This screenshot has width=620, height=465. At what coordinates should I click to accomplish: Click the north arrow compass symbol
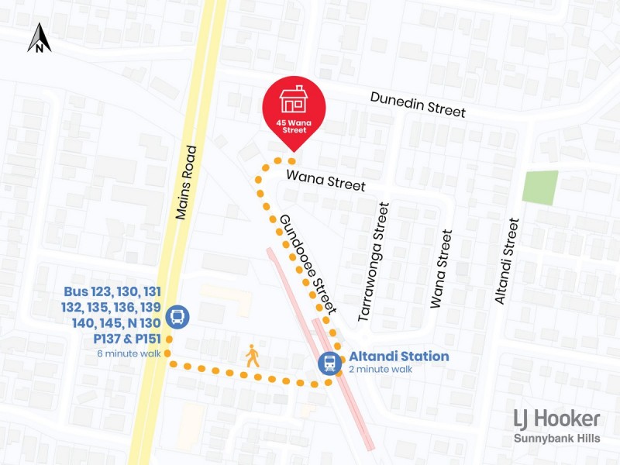point(40,38)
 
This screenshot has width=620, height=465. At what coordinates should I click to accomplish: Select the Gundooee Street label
point(308,264)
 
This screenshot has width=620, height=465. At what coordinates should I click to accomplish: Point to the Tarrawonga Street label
point(374,262)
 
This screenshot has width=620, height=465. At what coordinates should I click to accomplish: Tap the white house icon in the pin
point(294,99)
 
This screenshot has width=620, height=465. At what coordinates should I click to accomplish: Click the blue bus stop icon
point(177,315)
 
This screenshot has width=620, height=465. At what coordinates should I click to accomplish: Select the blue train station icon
point(330,363)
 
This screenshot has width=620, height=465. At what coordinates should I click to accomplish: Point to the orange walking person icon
point(253,356)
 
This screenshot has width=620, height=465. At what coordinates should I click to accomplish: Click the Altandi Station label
point(398,356)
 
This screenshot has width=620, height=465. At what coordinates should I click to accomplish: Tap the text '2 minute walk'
point(381,370)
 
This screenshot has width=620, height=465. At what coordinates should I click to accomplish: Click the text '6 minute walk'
point(129,353)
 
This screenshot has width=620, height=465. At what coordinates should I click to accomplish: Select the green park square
point(540,188)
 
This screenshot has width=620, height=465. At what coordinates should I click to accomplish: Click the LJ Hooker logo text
point(556,419)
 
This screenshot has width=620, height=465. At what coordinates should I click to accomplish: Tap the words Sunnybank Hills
point(557,439)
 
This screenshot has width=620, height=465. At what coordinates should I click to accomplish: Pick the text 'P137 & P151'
point(127,339)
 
